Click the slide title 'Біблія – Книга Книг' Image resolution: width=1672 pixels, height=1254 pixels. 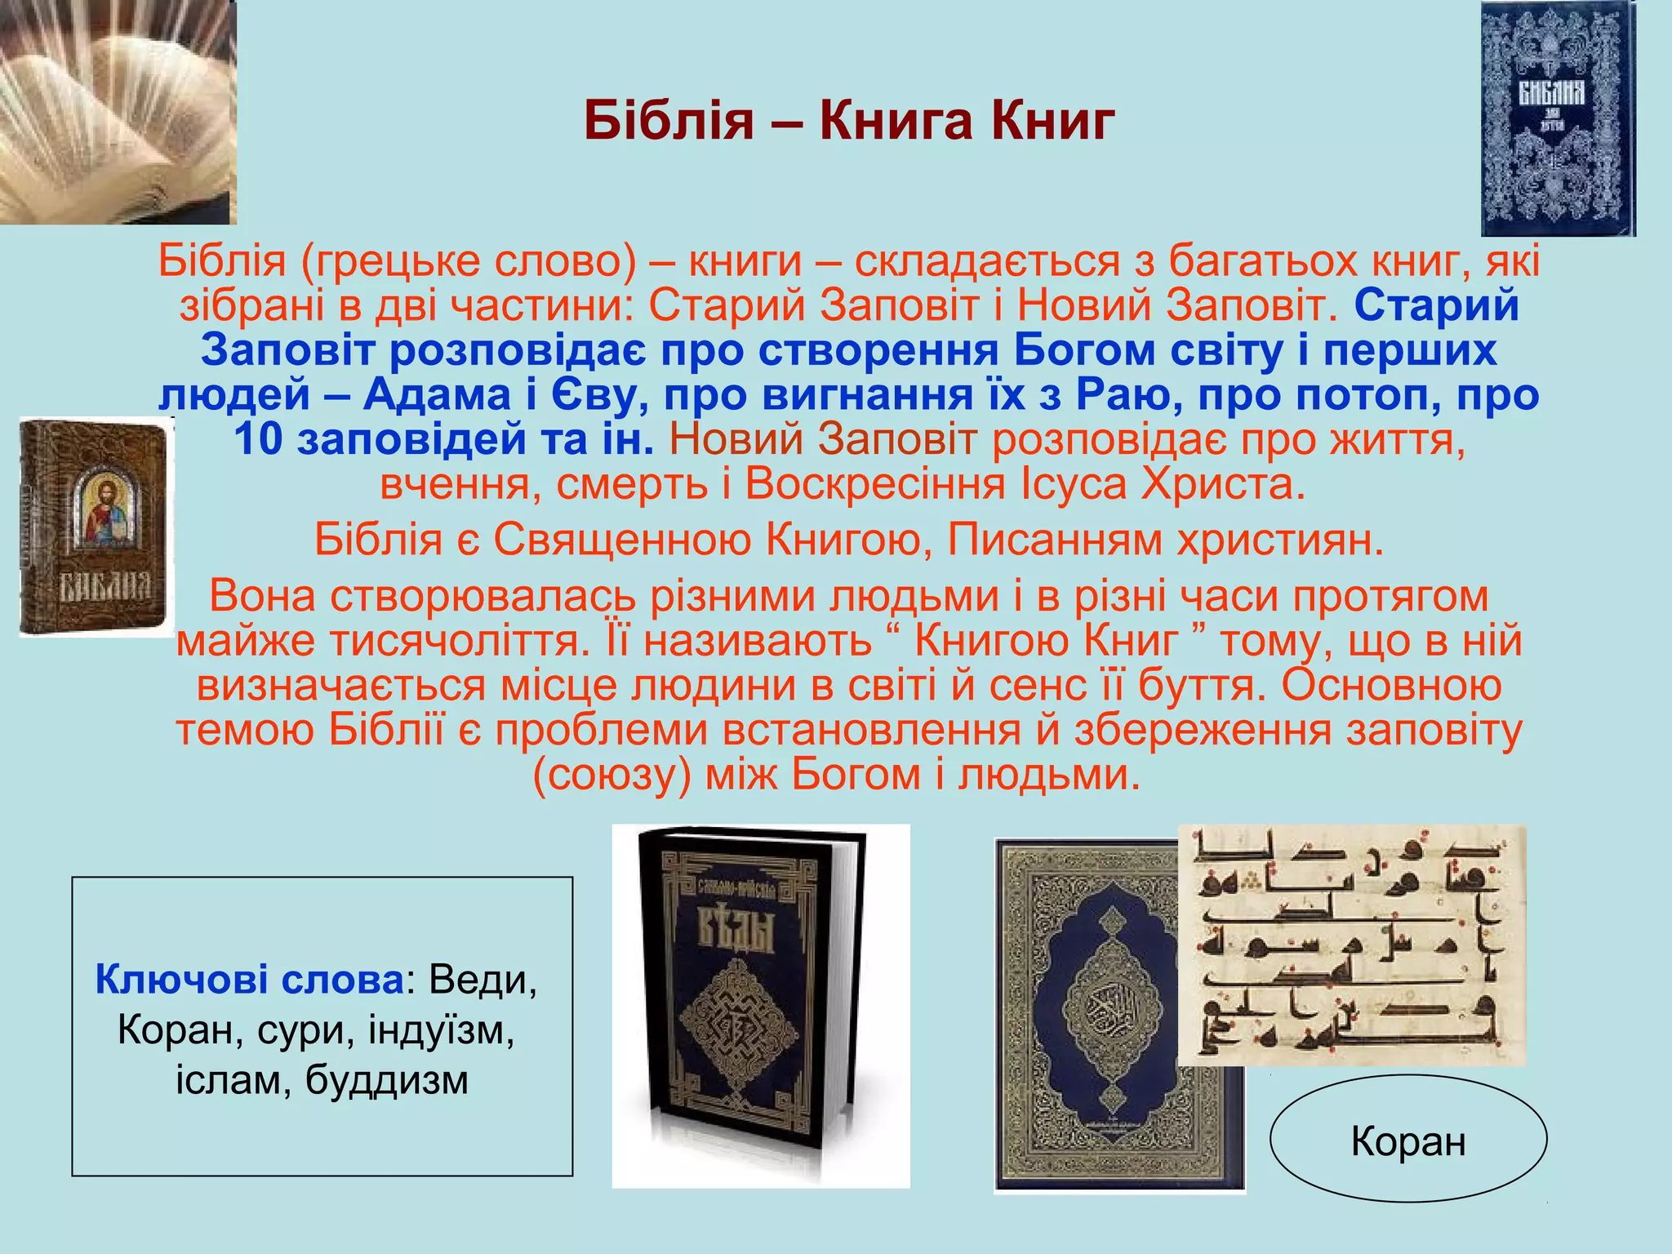[849, 121]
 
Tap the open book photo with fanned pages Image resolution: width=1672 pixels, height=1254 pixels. [118, 113]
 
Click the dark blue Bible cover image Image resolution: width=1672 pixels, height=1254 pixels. [1558, 119]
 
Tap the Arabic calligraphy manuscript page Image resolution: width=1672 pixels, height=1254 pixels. [1351, 945]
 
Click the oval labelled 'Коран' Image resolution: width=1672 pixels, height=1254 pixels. [1408, 1140]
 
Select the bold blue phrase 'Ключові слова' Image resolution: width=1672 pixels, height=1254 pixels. [250, 979]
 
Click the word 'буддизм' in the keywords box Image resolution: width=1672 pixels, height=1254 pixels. [387, 1080]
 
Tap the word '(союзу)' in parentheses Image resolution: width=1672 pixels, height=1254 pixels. [612, 774]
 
